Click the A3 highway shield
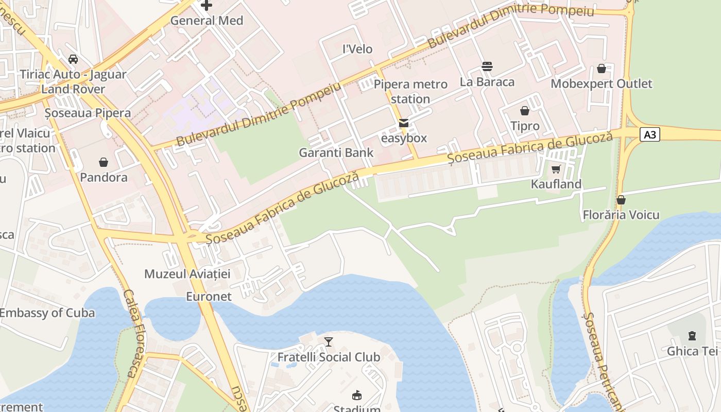pyautogui.click(x=650, y=135)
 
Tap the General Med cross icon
pyautogui.click(x=207, y=6)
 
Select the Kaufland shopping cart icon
pyautogui.click(x=556, y=169)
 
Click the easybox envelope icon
pyautogui.click(x=404, y=123)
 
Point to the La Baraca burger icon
pyautogui.click(x=487, y=66)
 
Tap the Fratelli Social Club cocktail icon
pyautogui.click(x=329, y=341)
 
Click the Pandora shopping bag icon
pyautogui.click(x=104, y=162)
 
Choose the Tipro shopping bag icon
pyautogui.click(x=524, y=111)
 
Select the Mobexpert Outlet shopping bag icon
pyautogui.click(x=601, y=68)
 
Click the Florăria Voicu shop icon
pyautogui.click(x=621, y=200)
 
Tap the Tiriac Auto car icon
pyautogui.click(x=73, y=59)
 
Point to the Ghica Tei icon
pyautogui.click(x=692, y=336)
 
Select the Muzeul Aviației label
pyautogui.click(x=187, y=273)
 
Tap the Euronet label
pyautogui.click(x=209, y=297)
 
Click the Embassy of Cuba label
pyautogui.click(x=47, y=313)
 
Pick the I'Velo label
pyautogui.click(x=357, y=49)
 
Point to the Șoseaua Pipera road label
pyautogui.click(x=88, y=113)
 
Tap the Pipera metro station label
pyautogui.click(x=410, y=91)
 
